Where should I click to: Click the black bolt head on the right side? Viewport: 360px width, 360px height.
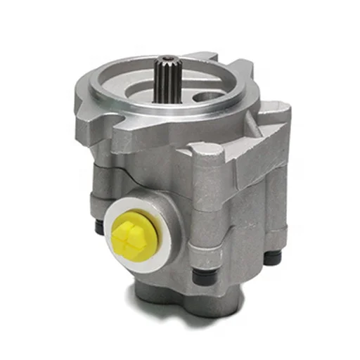coord(271,255)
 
